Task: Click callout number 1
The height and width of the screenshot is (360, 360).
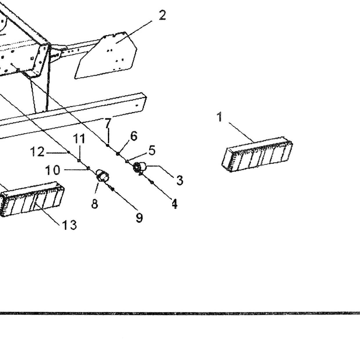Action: click(220, 117)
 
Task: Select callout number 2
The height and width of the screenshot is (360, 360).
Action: click(162, 15)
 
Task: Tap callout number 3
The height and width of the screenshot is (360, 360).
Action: click(179, 180)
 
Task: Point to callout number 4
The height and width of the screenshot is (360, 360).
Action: click(174, 204)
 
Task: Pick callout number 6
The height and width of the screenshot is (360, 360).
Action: click(134, 136)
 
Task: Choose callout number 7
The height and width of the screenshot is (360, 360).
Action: click(108, 123)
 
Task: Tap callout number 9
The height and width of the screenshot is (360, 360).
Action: click(139, 218)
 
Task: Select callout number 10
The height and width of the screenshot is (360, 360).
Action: click(53, 170)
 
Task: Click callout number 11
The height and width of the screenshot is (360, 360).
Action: click(79, 138)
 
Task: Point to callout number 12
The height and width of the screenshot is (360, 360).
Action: click(37, 152)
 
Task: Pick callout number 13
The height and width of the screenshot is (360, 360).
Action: click(69, 225)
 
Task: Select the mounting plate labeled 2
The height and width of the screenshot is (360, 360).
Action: click(106, 55)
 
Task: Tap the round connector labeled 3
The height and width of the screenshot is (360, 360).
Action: click(140, 167)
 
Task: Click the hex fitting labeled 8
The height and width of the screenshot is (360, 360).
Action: click(102, 176)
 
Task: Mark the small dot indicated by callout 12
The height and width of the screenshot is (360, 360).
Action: click(69, 152)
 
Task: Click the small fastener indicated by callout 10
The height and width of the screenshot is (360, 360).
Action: click(88, 168)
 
